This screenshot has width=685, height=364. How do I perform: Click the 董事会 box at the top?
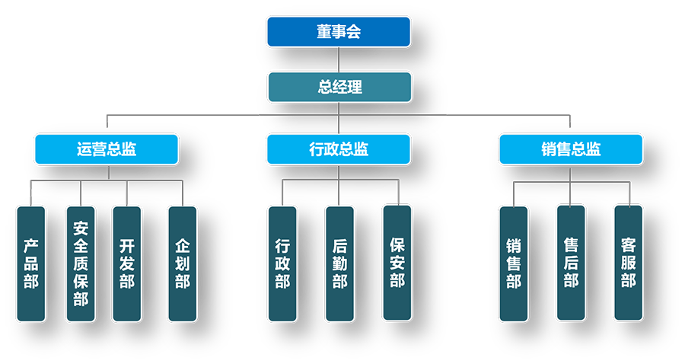(339, 31)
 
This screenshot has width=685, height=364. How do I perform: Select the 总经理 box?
(339, 87)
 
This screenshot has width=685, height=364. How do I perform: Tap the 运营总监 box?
(107, 149)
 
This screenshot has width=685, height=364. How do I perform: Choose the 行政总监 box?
(339, 149)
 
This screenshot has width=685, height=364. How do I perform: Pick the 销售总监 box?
(571, 149)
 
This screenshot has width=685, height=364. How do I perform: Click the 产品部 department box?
(31, 263)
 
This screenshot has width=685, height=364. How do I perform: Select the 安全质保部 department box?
(81, 263)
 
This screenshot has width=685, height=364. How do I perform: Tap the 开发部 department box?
(126, 263)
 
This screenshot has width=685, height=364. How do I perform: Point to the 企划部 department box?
(182, 263)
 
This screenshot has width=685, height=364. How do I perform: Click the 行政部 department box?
(282, 263)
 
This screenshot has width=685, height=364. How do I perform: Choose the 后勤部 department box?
(339, 263)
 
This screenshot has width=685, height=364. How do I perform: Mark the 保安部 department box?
(397, 263)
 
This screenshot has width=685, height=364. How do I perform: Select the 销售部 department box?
(514, 263)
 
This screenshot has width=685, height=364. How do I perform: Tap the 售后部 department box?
(571, 263)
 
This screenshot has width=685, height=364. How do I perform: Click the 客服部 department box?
(628, 263)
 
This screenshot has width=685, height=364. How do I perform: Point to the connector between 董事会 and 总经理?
(339, 59)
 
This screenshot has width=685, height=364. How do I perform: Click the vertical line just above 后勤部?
(339, 193)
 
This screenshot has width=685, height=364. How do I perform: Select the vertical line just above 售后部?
(571, 193)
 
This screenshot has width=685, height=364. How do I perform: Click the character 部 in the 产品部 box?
(31, 282)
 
